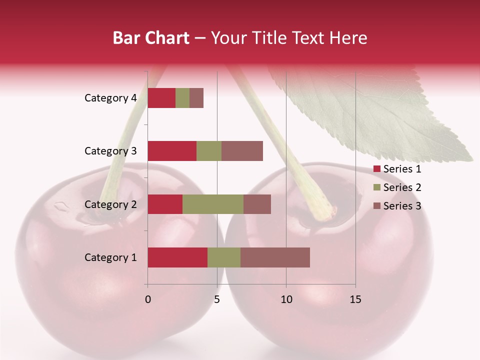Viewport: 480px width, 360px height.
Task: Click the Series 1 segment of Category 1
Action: tap(177, 257)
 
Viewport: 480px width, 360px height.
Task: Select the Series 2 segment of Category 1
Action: tap(224, 257)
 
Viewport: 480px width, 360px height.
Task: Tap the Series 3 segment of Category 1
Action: tap(275, 257)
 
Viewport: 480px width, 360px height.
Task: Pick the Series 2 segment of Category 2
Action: tap(213, 204)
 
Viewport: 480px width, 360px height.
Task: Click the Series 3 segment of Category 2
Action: tap(257, 204)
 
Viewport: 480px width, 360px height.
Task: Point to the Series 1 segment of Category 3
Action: tap(172, 151)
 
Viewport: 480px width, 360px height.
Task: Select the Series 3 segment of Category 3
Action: tap(242, 151)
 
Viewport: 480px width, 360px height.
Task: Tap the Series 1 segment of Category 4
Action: tap(161, 98)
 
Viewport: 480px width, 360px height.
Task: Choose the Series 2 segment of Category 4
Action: tap(182, 98)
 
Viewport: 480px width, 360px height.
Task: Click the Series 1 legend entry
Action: tap(397, 169)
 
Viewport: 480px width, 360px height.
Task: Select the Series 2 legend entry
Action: tap(397, 187)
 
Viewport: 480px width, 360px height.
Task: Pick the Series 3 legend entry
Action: tap(397, 206)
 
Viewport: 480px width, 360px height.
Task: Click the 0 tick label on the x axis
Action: tap(148, 299)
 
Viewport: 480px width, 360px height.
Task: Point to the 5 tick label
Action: tap(217, 299)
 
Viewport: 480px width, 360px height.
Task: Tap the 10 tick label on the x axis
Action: tap(286, 299)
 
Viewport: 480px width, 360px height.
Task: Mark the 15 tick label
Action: tap(355, 299)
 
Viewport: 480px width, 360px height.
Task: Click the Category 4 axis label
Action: tap(110, 98)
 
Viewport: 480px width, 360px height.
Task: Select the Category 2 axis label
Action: tap(110, 204)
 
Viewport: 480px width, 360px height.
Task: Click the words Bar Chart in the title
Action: tap(151, 38)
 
